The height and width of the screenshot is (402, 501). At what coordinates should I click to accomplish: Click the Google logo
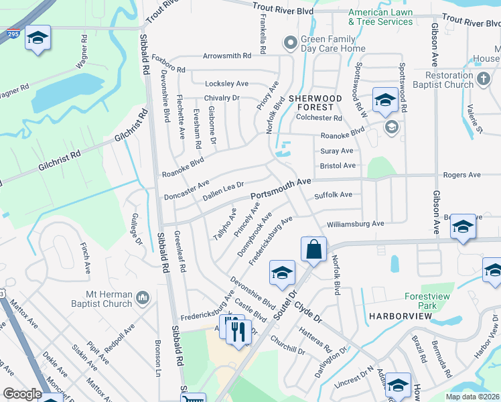[22, 395]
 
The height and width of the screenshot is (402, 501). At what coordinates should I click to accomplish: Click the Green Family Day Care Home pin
[290, 44]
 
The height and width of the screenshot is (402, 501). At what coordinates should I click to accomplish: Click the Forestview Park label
[430, 301]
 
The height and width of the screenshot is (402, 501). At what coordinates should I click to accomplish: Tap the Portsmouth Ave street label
[281, 190]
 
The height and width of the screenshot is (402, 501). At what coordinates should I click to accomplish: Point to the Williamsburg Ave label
[355, 224]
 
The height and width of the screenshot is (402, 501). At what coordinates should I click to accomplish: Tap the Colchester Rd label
[319, 118]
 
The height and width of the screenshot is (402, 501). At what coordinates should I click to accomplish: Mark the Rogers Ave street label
[461, 175]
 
